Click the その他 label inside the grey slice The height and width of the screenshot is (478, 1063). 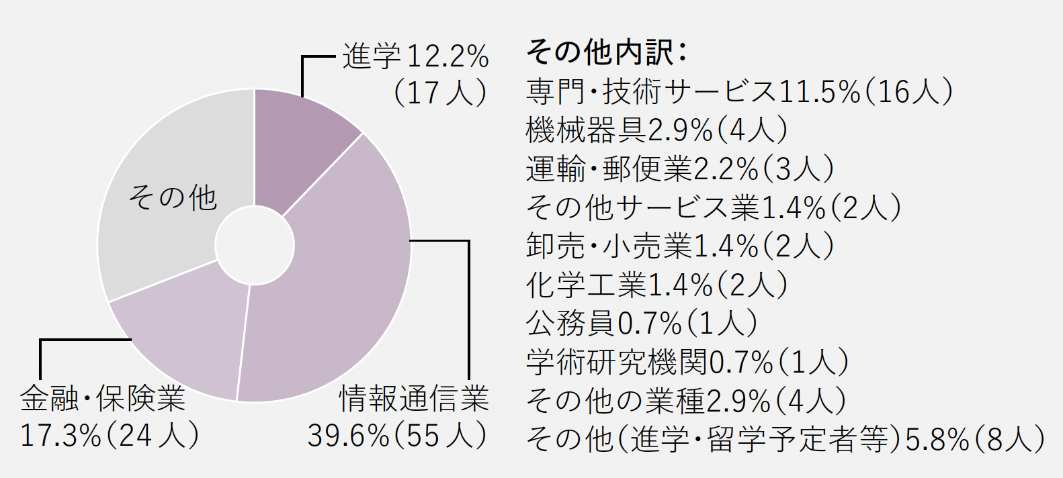[173, 198]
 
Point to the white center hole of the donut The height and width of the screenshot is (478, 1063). [255, 246]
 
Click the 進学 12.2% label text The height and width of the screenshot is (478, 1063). [415, 56]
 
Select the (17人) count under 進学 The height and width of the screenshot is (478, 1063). [440, 93]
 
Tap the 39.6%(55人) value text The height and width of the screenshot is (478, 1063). [396, 436]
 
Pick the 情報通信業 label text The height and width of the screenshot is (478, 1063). [414, 399]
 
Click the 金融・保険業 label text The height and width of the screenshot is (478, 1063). [103, 399]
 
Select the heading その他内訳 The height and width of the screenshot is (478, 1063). [605, 52]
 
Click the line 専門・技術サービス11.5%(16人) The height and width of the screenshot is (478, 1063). [739, 91]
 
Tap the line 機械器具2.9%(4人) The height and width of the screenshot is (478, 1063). [656, 130]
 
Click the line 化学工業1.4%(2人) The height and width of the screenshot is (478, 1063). [656, 285]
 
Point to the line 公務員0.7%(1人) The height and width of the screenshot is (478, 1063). [642, 324]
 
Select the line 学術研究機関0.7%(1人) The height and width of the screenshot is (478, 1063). [687, 363]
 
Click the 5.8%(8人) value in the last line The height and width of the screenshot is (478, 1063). [975, 440]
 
